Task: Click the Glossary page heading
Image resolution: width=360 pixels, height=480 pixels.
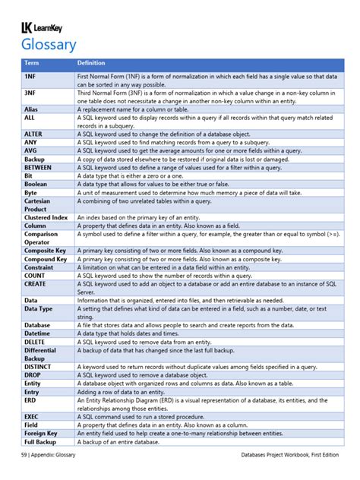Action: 49,46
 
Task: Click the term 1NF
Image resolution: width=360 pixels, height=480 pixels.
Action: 30,77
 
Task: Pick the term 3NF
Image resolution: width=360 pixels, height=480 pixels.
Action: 30,93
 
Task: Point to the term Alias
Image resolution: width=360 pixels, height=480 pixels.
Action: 31,109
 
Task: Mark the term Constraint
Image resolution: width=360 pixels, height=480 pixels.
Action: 39,267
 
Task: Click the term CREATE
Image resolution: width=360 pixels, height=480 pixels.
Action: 35,283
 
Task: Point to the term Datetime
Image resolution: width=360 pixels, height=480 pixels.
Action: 37,333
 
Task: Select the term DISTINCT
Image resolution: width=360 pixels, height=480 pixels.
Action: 37,365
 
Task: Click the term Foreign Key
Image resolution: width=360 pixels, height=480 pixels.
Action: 42,433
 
